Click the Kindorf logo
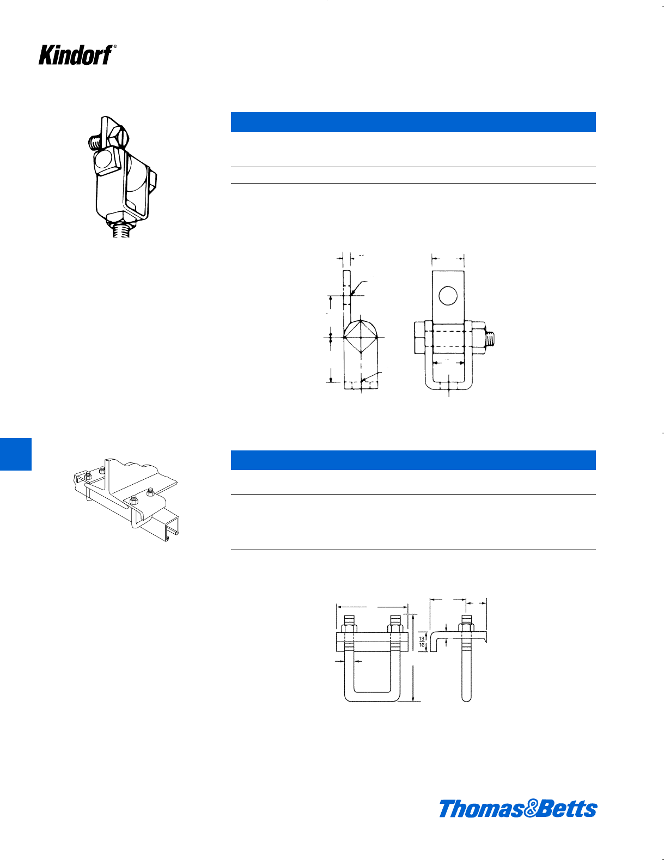pyautogui.click(x=75, y=54)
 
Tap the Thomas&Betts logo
pyautogui.click(x=517, y=808)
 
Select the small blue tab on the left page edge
pyautogui.click(x=15, y=454)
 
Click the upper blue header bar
pyautogui.click(x=413, y=122)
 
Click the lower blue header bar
pyautogui.click(x=413, y=460)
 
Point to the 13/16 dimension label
pyautogui.click(x=422, y=642)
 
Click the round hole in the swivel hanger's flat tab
pyautogui.click(x=448, y=296)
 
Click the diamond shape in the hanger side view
pyautogui.click(x=361, y=338)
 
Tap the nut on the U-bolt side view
pyautogui.click(x=466, y=627)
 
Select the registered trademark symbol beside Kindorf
pyautogui.click(x=115, y=46)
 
